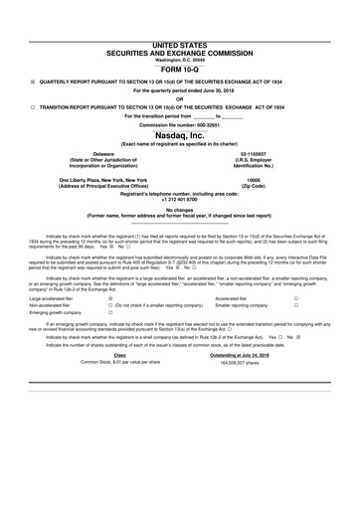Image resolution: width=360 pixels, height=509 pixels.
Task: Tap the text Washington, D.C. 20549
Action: click(x=180, y=32)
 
